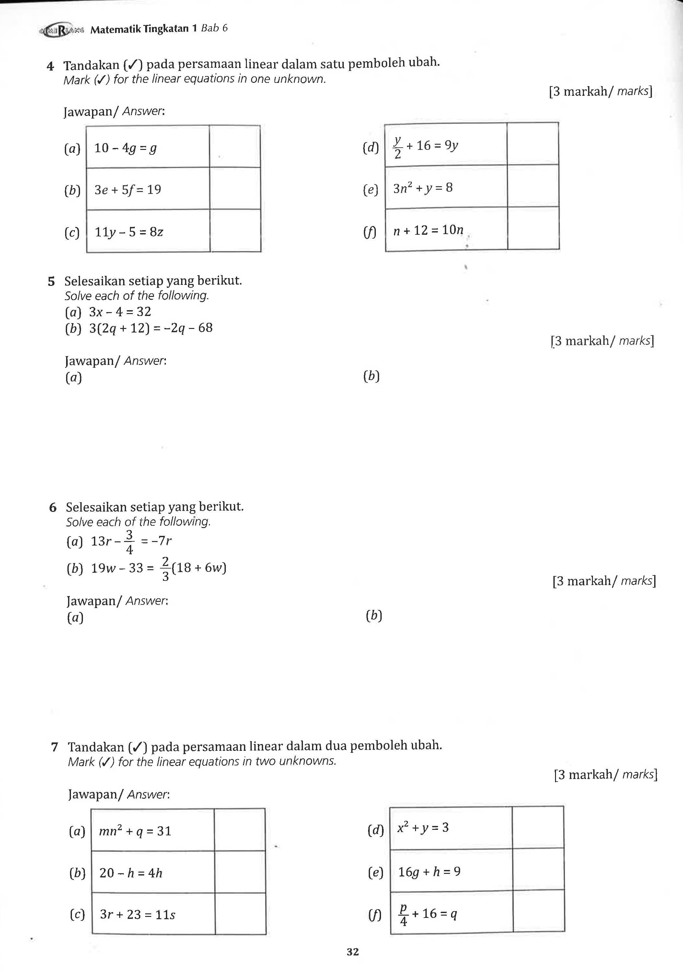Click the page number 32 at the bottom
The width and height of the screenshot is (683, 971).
(353, 952)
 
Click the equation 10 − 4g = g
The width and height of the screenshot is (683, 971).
(125, 148)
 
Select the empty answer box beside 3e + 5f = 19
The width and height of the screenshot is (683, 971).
(235, 189)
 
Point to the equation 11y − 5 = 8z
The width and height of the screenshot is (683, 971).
(129, 232)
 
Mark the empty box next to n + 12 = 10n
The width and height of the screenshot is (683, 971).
(533, 229)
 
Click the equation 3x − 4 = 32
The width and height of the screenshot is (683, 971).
(120, 312)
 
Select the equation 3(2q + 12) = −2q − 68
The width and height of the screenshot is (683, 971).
(151, 328)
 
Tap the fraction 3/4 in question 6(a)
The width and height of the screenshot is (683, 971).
(130, 542)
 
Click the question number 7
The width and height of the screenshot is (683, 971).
(54, 747)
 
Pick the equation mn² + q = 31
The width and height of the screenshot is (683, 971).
(135, 831)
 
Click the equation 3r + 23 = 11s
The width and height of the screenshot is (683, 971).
(137, 914)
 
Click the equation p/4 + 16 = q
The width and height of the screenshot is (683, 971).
(428, 914)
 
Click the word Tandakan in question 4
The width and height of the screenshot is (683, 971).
(91, 65)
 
